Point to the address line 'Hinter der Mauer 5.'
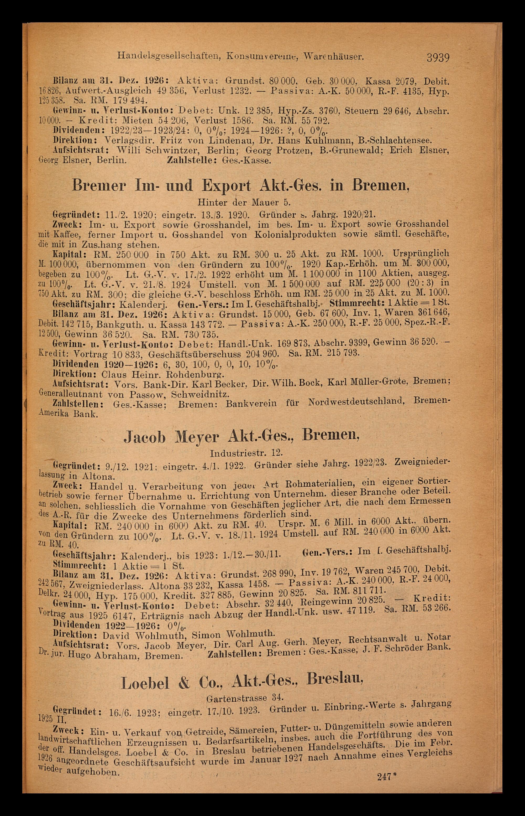[x=244, y=203]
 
